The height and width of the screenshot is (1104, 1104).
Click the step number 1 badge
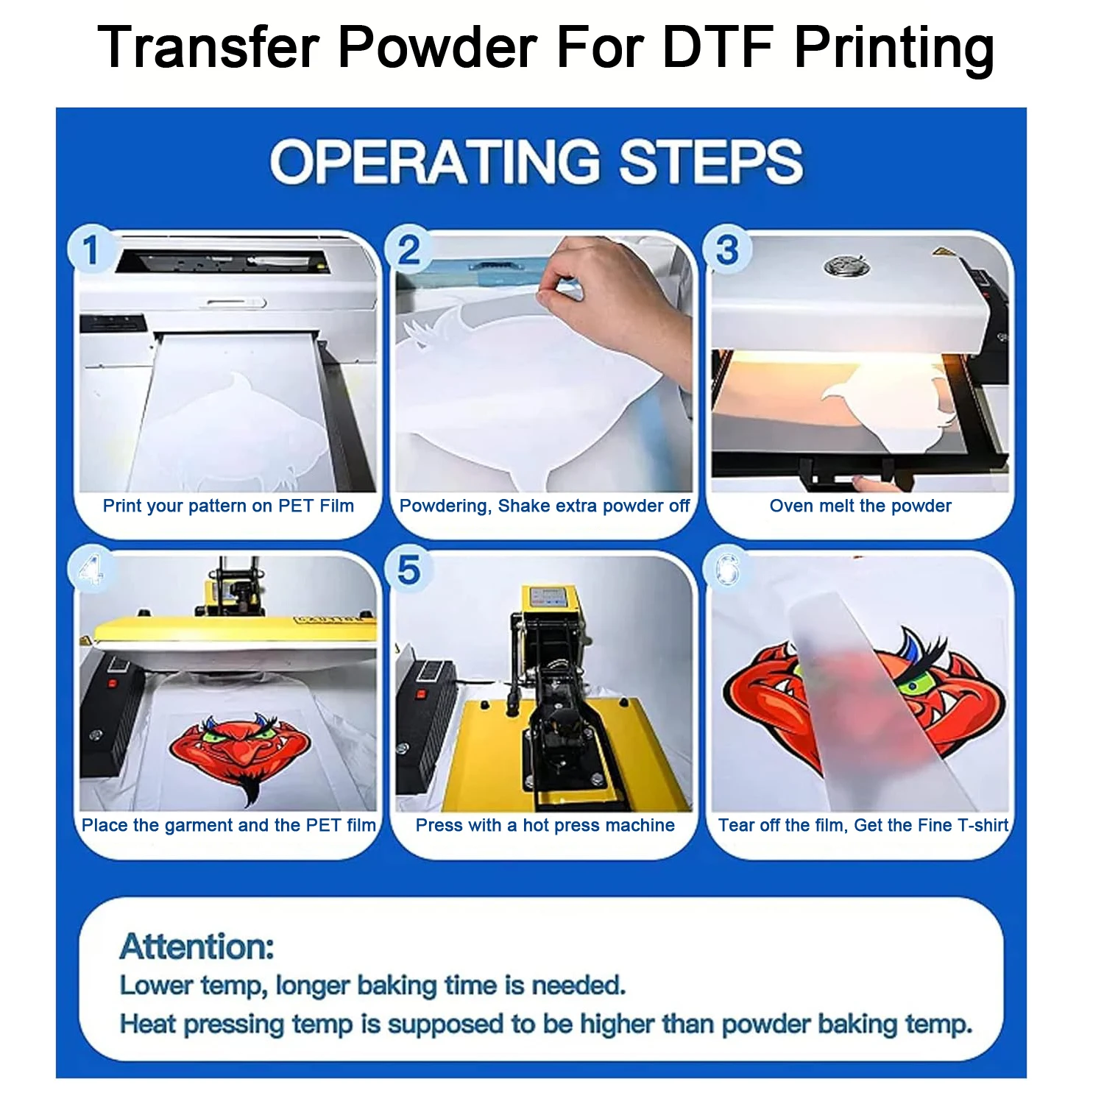[x=91, y=250]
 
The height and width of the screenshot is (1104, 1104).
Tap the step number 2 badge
[x=409, y=250]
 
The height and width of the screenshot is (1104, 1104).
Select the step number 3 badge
[x=727, y=250]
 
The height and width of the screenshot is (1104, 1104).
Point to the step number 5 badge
[x=409, y=570]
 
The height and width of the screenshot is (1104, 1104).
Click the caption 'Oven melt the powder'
[x=860, y=506]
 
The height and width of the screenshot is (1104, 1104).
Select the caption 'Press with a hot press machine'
[x=545, y=826]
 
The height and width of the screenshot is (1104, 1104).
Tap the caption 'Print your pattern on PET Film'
[x=228, y=506]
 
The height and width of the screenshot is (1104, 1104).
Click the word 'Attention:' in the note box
[x=197, y=946]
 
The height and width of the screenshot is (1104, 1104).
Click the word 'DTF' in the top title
[x=718, y=48]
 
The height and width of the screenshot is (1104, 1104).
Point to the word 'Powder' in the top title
[x=436, y=48]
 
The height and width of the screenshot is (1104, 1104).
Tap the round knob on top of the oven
[x=846, y=266]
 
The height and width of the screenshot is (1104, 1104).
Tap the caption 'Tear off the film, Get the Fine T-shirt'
[x=863, y=826]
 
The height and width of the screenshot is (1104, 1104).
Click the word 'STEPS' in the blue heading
[x=711, y=162]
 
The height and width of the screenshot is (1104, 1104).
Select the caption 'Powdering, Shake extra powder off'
[x=545, y=506]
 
